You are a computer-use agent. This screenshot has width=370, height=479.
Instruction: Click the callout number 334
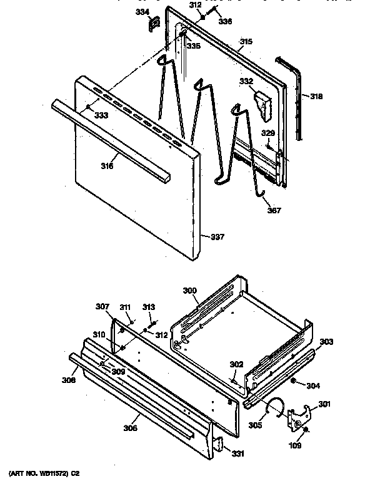point(143,11)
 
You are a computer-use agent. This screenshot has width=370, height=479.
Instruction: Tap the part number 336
point(225,21)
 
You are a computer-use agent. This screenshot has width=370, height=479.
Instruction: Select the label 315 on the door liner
point(246,42)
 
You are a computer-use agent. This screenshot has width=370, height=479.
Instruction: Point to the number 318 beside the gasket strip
point(317,96)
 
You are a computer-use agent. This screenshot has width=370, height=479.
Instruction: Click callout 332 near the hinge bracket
point(246,81)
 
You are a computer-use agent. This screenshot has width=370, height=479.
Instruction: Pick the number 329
point(267,133)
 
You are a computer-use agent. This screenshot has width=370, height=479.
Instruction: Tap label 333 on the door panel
point(101,115)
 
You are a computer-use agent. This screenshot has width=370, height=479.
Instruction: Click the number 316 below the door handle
point(107,165)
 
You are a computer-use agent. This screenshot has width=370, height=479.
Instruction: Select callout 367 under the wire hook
point(273,210)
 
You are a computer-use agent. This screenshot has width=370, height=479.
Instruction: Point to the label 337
point(216,236)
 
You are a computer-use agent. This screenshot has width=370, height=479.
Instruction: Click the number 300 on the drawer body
point(189,291)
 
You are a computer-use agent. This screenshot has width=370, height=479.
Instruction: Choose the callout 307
point(102,306)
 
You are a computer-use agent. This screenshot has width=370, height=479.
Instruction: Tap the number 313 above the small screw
point(148,307)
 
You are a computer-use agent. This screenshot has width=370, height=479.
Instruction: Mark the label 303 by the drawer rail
point(326,342)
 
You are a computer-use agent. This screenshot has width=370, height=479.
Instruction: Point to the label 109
point(294,445)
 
